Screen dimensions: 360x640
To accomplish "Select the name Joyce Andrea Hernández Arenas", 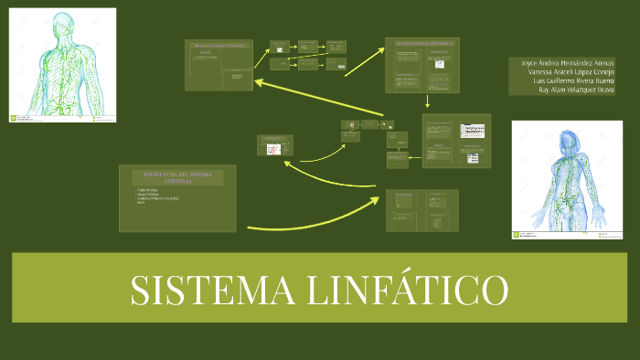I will tap(561, 63).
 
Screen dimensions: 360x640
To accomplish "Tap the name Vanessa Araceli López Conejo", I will tap(564, 72).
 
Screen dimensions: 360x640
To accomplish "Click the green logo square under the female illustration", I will tap(516, 236).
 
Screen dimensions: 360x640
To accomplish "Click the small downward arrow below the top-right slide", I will tap(427, 101).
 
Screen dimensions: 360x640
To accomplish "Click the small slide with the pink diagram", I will tap(275, 147).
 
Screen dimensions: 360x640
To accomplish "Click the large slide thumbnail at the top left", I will tap(219, 65).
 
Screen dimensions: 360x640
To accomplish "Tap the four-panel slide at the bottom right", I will tap(421, 209).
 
